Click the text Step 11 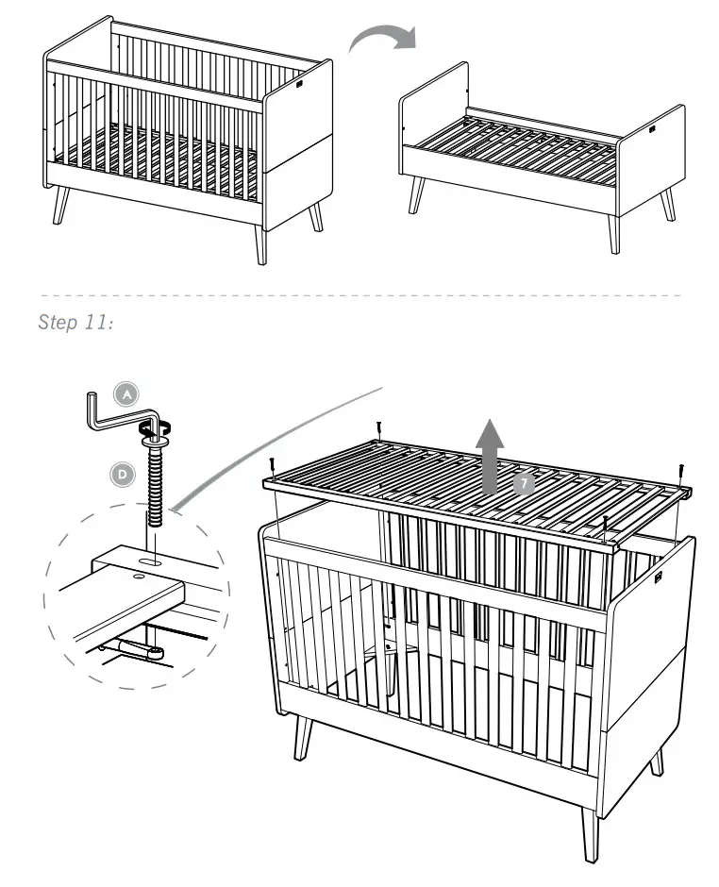click(75, 323)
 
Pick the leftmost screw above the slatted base click(272, 465)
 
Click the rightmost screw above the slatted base click(680, 469)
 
